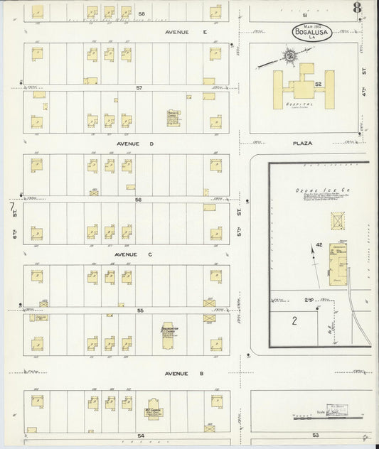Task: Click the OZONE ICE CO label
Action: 314,191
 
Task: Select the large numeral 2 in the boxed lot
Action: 293,320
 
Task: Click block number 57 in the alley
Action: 140,88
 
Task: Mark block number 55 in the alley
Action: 140,310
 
